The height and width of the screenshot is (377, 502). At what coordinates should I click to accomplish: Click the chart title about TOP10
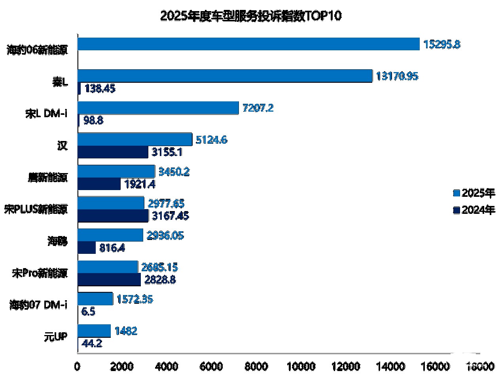(251, 16)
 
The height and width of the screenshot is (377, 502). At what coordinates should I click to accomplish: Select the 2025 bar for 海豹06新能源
(248, 44)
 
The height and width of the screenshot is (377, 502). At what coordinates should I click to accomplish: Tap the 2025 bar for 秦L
(224, 76)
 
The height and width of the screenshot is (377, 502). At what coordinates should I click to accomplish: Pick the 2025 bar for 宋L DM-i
(158, 108)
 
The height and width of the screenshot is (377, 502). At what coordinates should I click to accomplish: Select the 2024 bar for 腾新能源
(99, 184)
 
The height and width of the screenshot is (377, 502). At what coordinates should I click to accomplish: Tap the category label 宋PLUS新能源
(36, 209)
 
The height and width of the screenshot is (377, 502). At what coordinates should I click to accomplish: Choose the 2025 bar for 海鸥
(110, 235)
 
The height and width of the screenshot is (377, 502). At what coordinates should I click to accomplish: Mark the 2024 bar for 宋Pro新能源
(109, 280)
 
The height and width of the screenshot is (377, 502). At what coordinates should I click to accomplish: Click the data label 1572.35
(135, 299)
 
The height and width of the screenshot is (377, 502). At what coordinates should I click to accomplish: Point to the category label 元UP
(56, 337)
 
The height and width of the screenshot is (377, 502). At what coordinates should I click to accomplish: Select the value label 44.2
(91, 343)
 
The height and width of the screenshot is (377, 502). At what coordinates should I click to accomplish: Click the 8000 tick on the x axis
(256, 366)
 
